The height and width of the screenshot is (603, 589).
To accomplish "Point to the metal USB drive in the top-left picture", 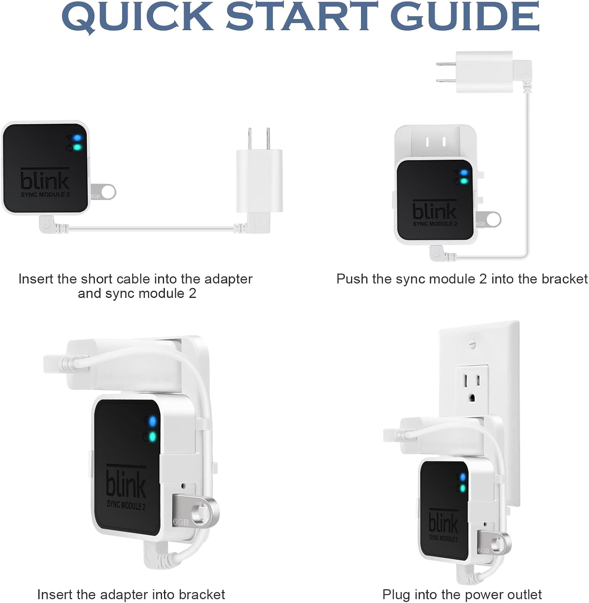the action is click(x=103, y=192).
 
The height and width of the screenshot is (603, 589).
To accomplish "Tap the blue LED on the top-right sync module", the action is click(x=465, y=172).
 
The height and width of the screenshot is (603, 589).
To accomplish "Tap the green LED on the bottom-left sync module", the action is click(x=152, y=437).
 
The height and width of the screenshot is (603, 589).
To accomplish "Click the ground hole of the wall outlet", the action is click(x=472, y=398).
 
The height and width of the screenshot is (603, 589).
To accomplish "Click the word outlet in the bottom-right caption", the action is click(x=522, y=594).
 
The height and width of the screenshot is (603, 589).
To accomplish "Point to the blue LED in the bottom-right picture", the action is click(x=463, y=477).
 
